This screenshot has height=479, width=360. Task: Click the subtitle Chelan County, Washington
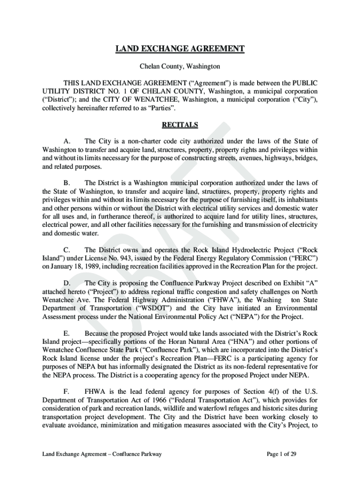pyautogui.click(x=180, y=67)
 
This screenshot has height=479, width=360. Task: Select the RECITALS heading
pyautogui.click(x=180, y=125)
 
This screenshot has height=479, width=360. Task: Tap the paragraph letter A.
pyautogui.click(x=67, y=141)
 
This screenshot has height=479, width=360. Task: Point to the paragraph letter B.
pyautogui.click(x=67, y=183)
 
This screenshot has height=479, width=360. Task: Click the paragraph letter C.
pyautogui.click(x=67, y=250)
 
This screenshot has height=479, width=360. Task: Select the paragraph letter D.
pyautogui.click(x=67, y=283)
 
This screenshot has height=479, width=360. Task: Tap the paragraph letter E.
pyautogui.click(x=67, y=333)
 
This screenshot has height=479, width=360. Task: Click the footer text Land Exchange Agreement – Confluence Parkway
pyautogui.click(x=102, y=454)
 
